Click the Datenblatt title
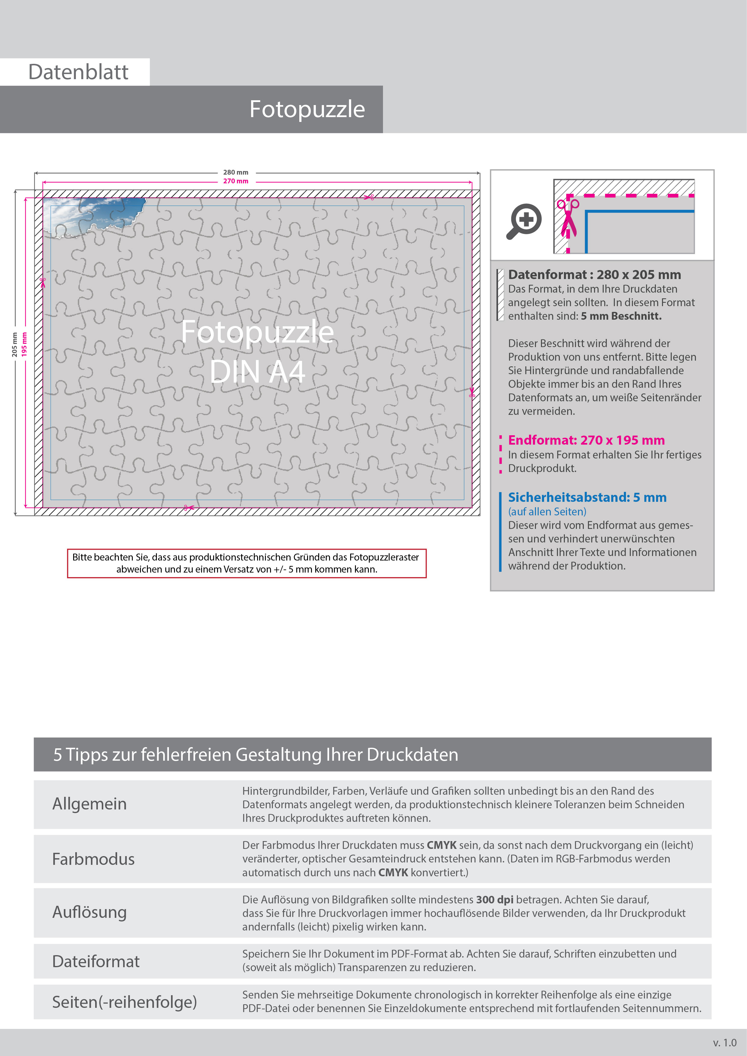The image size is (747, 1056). (78, 72)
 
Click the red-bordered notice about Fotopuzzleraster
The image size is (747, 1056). (247, 563)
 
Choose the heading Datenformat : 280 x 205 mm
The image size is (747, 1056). (594, 275)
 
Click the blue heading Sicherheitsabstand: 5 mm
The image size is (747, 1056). (587, 497)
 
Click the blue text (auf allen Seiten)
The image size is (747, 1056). (547, 511)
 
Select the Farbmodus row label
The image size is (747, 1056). (93, 859)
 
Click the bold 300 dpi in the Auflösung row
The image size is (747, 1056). (494, 900)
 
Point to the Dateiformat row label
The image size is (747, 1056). (96, 961)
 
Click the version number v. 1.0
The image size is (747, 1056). (724, 1043)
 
